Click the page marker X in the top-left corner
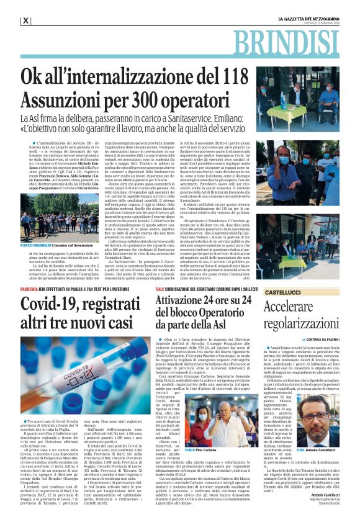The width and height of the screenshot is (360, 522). point(25,20)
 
